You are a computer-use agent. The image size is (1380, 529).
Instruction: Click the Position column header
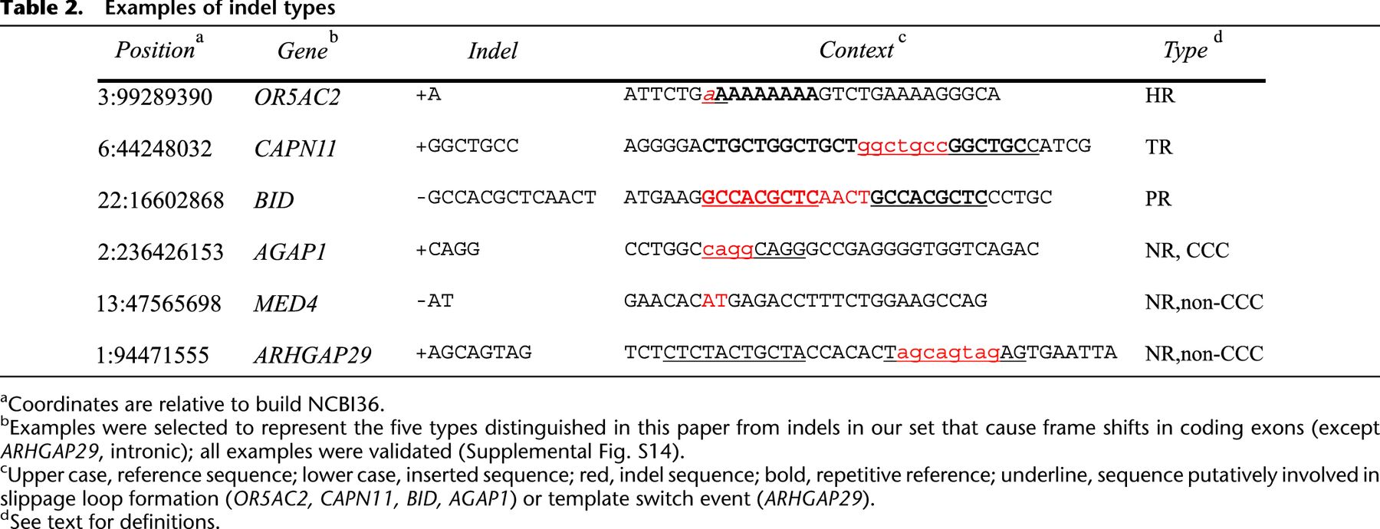pyautogui.click(x=155, y=50)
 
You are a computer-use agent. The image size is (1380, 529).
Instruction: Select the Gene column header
pyautogui.click(x=303, y=51)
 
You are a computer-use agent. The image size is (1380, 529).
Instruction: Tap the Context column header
pyautogui.click(x=856, y=50)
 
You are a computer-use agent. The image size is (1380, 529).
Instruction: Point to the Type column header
pyautogui.click(x=1185, y=51)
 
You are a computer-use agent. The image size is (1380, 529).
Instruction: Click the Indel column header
pyautogui.click(x=493, y=51)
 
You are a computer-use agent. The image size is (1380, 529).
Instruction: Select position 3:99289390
pyautogui.click(x=155, y=97)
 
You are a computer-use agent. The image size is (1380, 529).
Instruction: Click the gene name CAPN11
pyautogui.click(x=296, y=149)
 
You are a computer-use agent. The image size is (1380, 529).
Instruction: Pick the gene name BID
pyautogui.click(x=274, y=200)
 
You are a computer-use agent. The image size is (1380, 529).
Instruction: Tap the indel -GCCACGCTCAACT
pyautogui.click(x=506, y=198)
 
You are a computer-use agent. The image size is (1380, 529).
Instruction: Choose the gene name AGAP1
pyautogui.click(x=291, y=251)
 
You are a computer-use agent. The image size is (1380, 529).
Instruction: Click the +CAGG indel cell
pyautogui.click(x=448, y=249)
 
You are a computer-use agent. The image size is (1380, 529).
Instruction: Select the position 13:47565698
pyautogui.click(x=159, y=304)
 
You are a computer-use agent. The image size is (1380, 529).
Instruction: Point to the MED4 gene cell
pyautogui.click(x=286, y=304)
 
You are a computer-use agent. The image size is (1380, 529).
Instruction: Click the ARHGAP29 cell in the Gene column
pyautogui.click(x=313, y=355)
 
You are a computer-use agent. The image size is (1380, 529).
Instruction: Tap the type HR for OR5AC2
pyautogui.click(x=1160, y=96)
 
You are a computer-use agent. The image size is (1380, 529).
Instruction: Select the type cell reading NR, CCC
pyautogui.click(x=1187, y=251)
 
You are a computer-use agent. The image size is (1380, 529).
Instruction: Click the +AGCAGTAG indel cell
pyautogui.click(x=474, y=353)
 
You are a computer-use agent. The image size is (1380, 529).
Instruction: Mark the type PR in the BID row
pyautogui.click(x=1158, y=199)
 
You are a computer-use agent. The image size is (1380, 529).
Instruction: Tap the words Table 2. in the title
pyautogui.click(x=41, y=8)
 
